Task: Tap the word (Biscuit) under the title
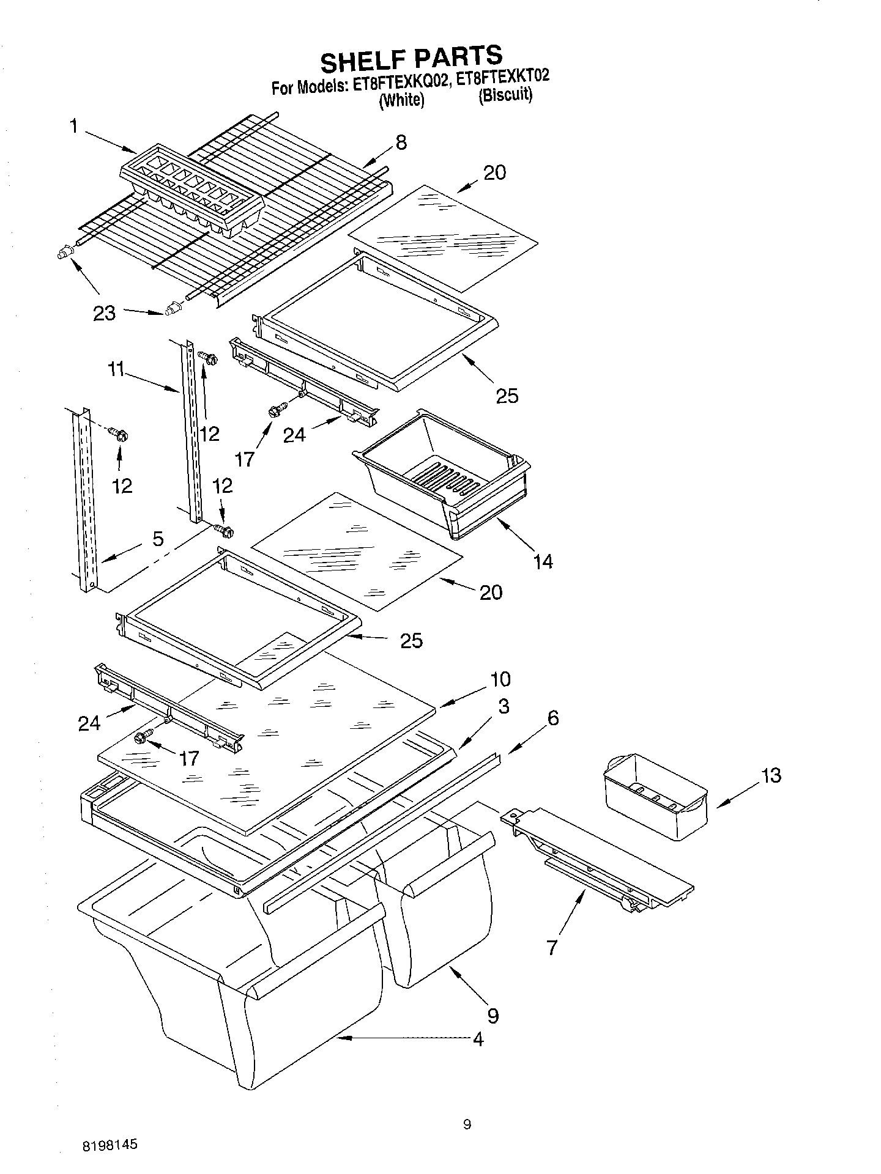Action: point(505,95)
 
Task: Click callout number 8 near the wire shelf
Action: point(401,142)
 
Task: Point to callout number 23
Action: point(104,314)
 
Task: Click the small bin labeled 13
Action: point(655,796)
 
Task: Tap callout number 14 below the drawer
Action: point(543,561)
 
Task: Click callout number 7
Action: point(552,948)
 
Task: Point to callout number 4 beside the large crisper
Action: point(478,1039)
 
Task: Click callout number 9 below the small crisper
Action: point(493,1016)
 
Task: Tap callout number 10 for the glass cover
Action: point(500,679)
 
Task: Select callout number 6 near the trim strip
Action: point(552,718)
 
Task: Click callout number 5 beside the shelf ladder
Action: point(158,539)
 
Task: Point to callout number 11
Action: point(116,369)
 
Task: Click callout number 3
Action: point(503,707)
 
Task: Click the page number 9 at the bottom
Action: point(467,1124)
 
